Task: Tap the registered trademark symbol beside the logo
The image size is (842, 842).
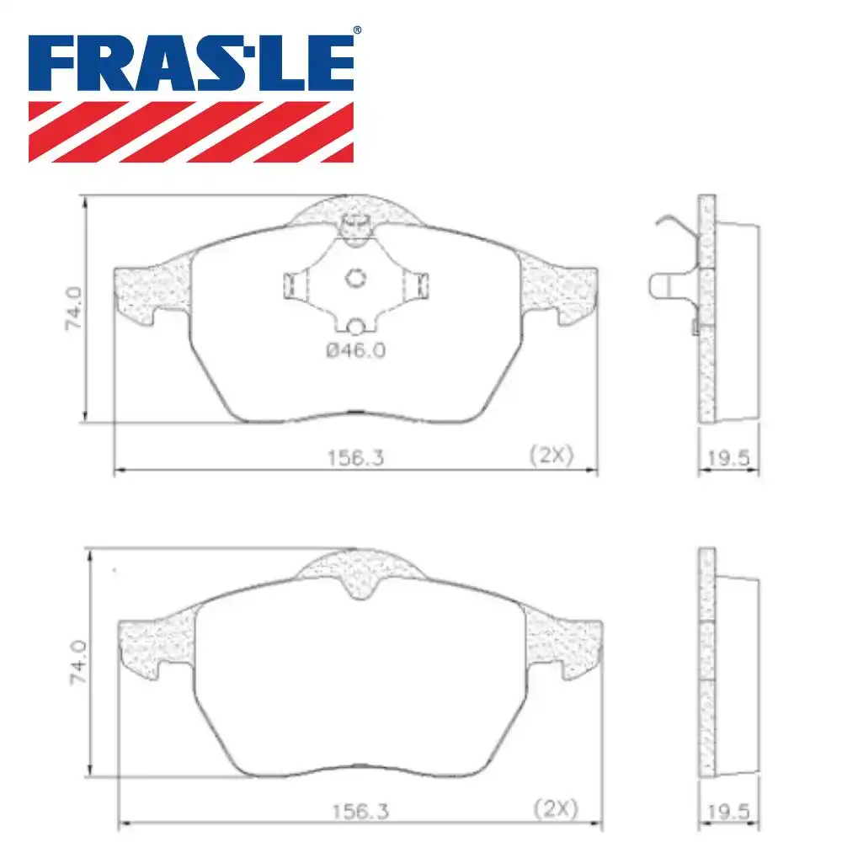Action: tap(357, 30)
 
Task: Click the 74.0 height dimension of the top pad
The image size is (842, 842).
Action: tap(74, 309)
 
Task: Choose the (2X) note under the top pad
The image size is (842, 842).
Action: tap(551, 456)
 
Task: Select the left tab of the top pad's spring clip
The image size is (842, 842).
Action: tap(292, 285)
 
